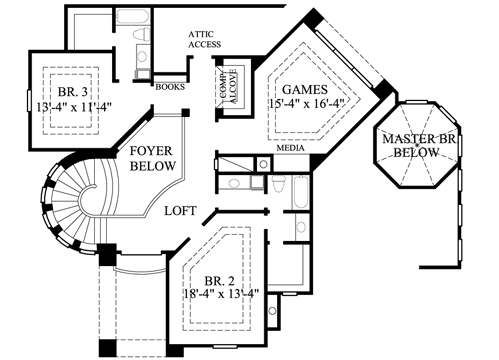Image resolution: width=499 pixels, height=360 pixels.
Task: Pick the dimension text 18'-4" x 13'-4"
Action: click(x=222, y=294)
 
